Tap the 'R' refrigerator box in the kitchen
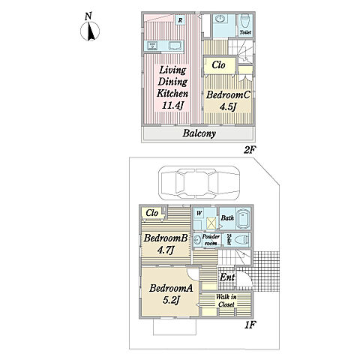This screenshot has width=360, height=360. [180, 20]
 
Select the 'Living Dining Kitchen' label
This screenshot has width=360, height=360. [172, 82]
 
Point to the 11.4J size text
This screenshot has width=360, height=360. [173, 106]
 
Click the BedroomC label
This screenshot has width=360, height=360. [228, 95]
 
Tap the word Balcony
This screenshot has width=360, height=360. [199, 133]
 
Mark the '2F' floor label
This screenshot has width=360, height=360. [250, 150]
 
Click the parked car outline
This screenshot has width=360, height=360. [199, 183]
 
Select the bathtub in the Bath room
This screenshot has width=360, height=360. [243, 219]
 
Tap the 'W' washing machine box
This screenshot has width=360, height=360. [199, 213]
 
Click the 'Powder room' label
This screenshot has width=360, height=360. [211, 239]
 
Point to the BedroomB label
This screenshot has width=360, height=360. [166, 238]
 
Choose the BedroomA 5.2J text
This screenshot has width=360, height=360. [171, 294]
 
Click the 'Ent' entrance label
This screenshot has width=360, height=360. [227, 277]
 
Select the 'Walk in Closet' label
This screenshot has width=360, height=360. [226, 301]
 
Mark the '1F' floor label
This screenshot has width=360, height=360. [250, 325]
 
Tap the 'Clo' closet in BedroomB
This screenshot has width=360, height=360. [152, 213]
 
